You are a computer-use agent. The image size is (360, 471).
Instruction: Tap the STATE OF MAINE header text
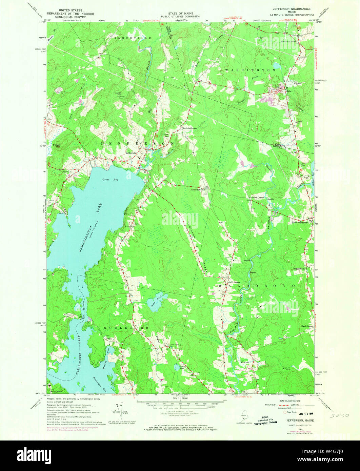[x=180, y=13]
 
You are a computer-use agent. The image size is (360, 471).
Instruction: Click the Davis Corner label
[x=306, y=326]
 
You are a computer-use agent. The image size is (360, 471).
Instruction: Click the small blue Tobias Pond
[x=177, y=367]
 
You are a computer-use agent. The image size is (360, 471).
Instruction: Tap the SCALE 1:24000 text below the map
[x=180, y=398]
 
